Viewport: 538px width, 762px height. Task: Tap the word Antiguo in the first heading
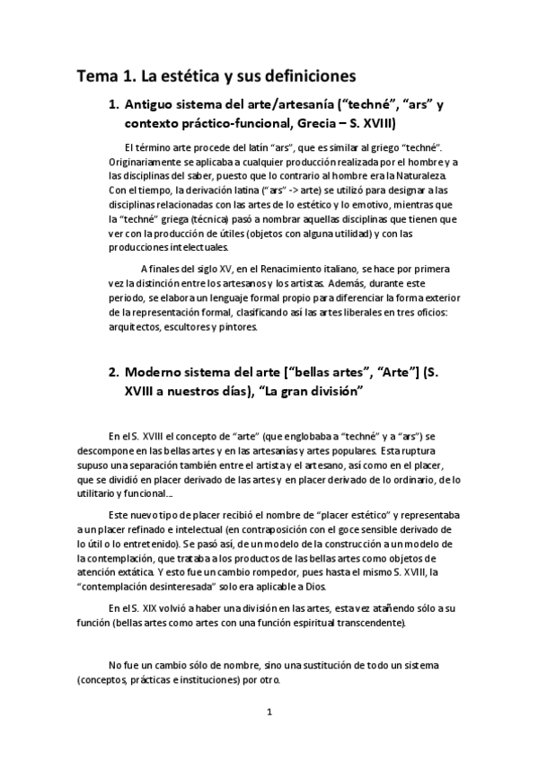coord(155,104)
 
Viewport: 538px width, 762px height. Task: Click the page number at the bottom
coord(269,738)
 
